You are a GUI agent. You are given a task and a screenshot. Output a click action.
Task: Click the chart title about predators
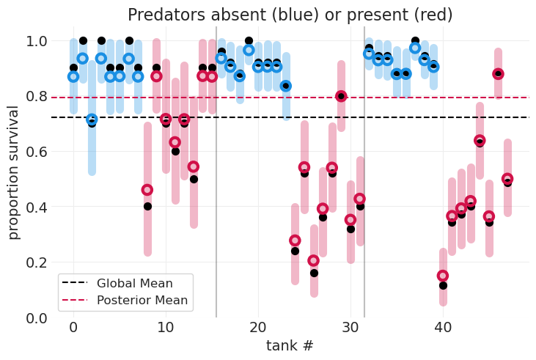290,15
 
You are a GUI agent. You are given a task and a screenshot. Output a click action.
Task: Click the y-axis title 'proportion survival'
13,172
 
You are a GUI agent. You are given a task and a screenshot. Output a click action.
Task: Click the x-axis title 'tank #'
290,345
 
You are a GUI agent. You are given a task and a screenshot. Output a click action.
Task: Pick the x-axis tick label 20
258,326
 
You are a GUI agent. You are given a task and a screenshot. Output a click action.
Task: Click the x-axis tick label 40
443,326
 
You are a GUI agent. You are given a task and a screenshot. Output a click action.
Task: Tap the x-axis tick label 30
350,326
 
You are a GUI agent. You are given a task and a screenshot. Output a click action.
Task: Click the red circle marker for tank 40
443,276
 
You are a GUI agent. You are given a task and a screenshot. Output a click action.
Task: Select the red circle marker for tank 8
147,190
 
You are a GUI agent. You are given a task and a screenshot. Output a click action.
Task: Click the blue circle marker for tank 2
92,119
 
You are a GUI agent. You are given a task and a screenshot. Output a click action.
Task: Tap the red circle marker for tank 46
499,73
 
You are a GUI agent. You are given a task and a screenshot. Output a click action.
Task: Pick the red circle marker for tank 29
341,96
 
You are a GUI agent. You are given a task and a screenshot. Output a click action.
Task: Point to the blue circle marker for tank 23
286,86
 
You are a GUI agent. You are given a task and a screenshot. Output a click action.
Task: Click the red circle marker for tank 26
314,260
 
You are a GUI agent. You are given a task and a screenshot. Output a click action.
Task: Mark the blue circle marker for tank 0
73,76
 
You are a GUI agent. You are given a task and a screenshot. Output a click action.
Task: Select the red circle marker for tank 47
507,179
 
